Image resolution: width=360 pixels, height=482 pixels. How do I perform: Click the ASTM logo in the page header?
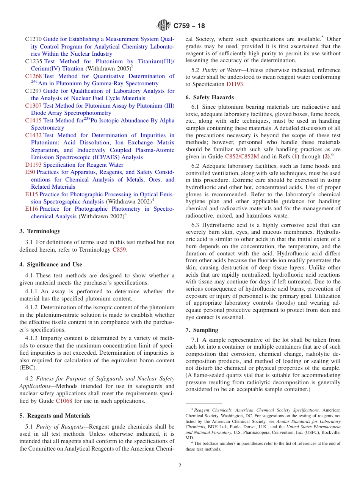point(164,25)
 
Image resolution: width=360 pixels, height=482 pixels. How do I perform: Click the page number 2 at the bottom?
point(180,466)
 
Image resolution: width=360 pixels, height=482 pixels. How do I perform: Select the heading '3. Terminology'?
point(40,231)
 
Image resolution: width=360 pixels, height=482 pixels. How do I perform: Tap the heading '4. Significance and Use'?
point(51,264)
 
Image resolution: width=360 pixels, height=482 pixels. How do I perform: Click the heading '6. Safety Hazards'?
point(210,97)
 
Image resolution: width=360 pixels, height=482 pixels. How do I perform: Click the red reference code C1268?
point(33,76)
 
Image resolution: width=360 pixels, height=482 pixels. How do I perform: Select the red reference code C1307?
point(33,106)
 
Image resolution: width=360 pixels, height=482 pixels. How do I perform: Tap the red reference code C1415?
point(33,121)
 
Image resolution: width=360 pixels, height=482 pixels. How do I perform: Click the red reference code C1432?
point(33,135)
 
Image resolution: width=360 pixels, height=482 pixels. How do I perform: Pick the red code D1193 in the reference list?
point(33,165)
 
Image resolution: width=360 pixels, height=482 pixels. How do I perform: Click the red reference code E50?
point(30,172)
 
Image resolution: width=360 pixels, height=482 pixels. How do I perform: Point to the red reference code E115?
point(31,194)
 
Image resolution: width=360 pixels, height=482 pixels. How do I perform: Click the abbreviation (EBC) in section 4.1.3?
point(27,368)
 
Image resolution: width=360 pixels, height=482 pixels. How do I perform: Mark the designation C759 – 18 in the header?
point(189,26)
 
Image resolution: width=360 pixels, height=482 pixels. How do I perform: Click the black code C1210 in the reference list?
point(33,39)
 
